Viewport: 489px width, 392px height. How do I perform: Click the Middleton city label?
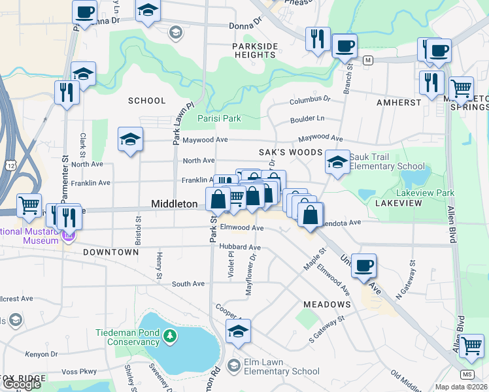pyautogui.click(x=174, y=204)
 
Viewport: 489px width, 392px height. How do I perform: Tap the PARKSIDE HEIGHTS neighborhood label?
pyautogui.click(x=255, y=50)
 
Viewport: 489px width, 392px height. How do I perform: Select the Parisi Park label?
pyautogui.click(x=220, y=118)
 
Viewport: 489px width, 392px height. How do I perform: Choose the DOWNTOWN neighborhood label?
pyautogui.click(x=110, y=252)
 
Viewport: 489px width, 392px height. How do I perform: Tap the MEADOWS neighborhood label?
pyautogui.click(x=328, y=304)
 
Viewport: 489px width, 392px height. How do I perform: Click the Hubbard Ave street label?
pyautogui.click(x=240, y=248)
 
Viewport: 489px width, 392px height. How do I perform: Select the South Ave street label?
pyautogui.click(x=188, y=284)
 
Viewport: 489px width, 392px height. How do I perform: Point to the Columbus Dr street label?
pyautogui.click(x=311, y=100)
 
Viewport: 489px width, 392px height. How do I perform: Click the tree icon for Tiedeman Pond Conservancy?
pyautogui.click(x=170, y=336)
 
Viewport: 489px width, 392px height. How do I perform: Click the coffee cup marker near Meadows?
pyautogui.click(x=363, y=265)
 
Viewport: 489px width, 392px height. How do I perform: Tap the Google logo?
pyautogui.click(x=22, y=384)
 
